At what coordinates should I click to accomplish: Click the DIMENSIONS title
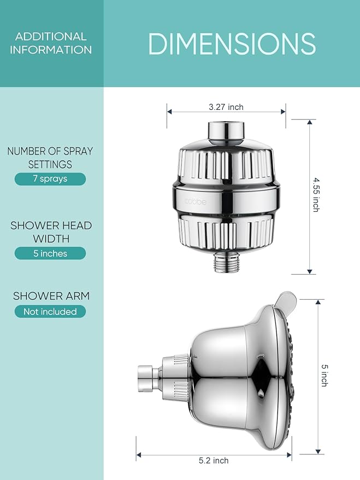pos(232,44)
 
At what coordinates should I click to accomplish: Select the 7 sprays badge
pos(50,179)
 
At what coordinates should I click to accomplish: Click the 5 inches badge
pos(50,253)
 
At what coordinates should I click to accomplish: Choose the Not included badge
pos(50,312)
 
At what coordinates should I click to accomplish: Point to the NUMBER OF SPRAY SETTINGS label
pos(50,158)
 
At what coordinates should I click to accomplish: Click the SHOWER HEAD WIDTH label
pos(50,232)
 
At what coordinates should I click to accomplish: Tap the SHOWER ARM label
pos(51,296)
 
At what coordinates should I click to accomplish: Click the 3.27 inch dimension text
pos(226,108)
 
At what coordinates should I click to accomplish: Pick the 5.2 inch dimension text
pos(214,460)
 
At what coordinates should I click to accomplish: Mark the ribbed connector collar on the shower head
pos(175,377)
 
